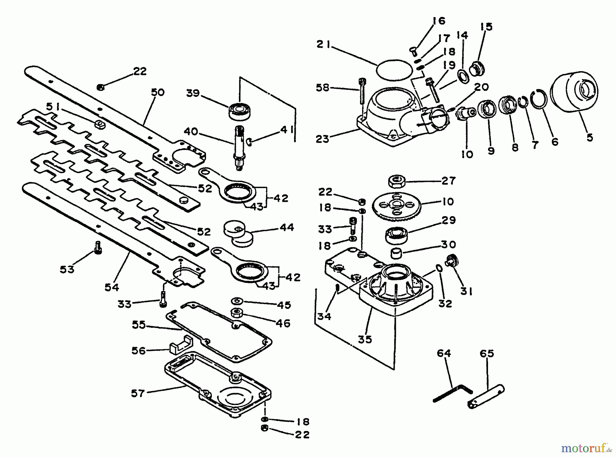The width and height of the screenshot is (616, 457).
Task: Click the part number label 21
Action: [323, 45]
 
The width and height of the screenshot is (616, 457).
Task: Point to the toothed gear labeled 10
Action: [397, 207]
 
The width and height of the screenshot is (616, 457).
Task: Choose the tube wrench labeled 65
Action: [486, 397]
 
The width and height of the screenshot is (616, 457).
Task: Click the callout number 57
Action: [138, 393]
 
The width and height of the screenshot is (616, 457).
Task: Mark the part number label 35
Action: [365, 339]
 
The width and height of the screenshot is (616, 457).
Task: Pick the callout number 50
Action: [158, 92]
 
